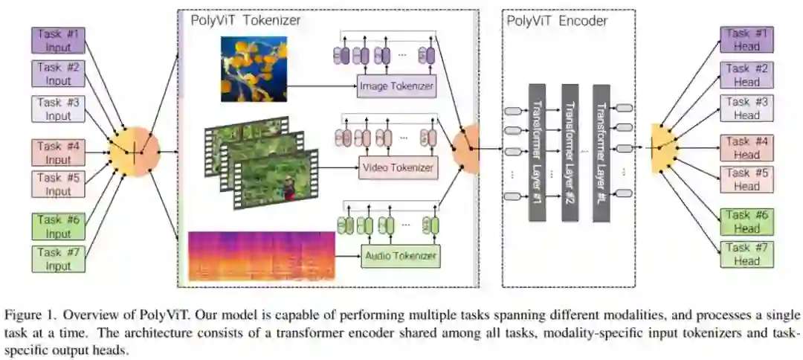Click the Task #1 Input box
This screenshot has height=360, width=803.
pos(59,40)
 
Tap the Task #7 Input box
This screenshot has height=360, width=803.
pos(59,258)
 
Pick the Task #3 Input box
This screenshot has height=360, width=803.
pos(59,109)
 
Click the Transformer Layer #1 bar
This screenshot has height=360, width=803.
pos(537,153)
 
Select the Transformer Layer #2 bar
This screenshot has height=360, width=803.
pos(570,153)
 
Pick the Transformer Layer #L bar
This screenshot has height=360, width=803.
pos(602,153)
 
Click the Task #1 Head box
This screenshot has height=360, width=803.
pos(746,40)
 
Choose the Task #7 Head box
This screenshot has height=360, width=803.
pos(746,254)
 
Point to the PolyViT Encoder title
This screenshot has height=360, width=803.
pos(557,20)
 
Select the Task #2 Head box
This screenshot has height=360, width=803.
pos(746,75)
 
